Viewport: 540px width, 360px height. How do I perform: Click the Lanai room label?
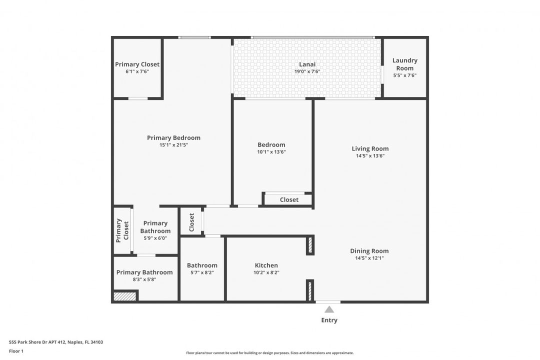coord(307,64)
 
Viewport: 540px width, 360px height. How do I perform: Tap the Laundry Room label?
coord(404,64)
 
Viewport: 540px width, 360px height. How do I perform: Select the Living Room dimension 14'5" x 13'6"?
coord(370,156)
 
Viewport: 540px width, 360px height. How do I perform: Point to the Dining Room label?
coord(369,251)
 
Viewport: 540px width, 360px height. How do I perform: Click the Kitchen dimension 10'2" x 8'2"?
coord(266,273)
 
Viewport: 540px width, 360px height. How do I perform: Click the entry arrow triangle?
coord(329,309)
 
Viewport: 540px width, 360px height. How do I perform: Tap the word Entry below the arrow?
coord(329,320)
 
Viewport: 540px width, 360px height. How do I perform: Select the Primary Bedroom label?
coord(173,138)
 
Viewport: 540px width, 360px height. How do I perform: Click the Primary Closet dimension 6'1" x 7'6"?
coord(137,71)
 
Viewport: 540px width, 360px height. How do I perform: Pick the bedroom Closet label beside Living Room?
coord(289,199)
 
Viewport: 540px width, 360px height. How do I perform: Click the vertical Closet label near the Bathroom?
coord(191,222)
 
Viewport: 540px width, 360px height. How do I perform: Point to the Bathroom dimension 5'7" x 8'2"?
coord(202,273)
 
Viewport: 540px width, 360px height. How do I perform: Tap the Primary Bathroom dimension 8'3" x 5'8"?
coord(144,279)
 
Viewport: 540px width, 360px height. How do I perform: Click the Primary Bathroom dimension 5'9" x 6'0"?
coord(155,238)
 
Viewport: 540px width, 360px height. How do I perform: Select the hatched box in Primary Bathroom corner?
coord(124,296)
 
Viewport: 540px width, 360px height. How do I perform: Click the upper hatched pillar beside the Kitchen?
coord(310,245)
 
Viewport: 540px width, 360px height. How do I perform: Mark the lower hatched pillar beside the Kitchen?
coord(310,290)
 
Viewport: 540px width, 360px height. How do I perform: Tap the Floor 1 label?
coord(16,351)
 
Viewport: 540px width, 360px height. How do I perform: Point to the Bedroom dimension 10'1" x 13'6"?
coord(271,152)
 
